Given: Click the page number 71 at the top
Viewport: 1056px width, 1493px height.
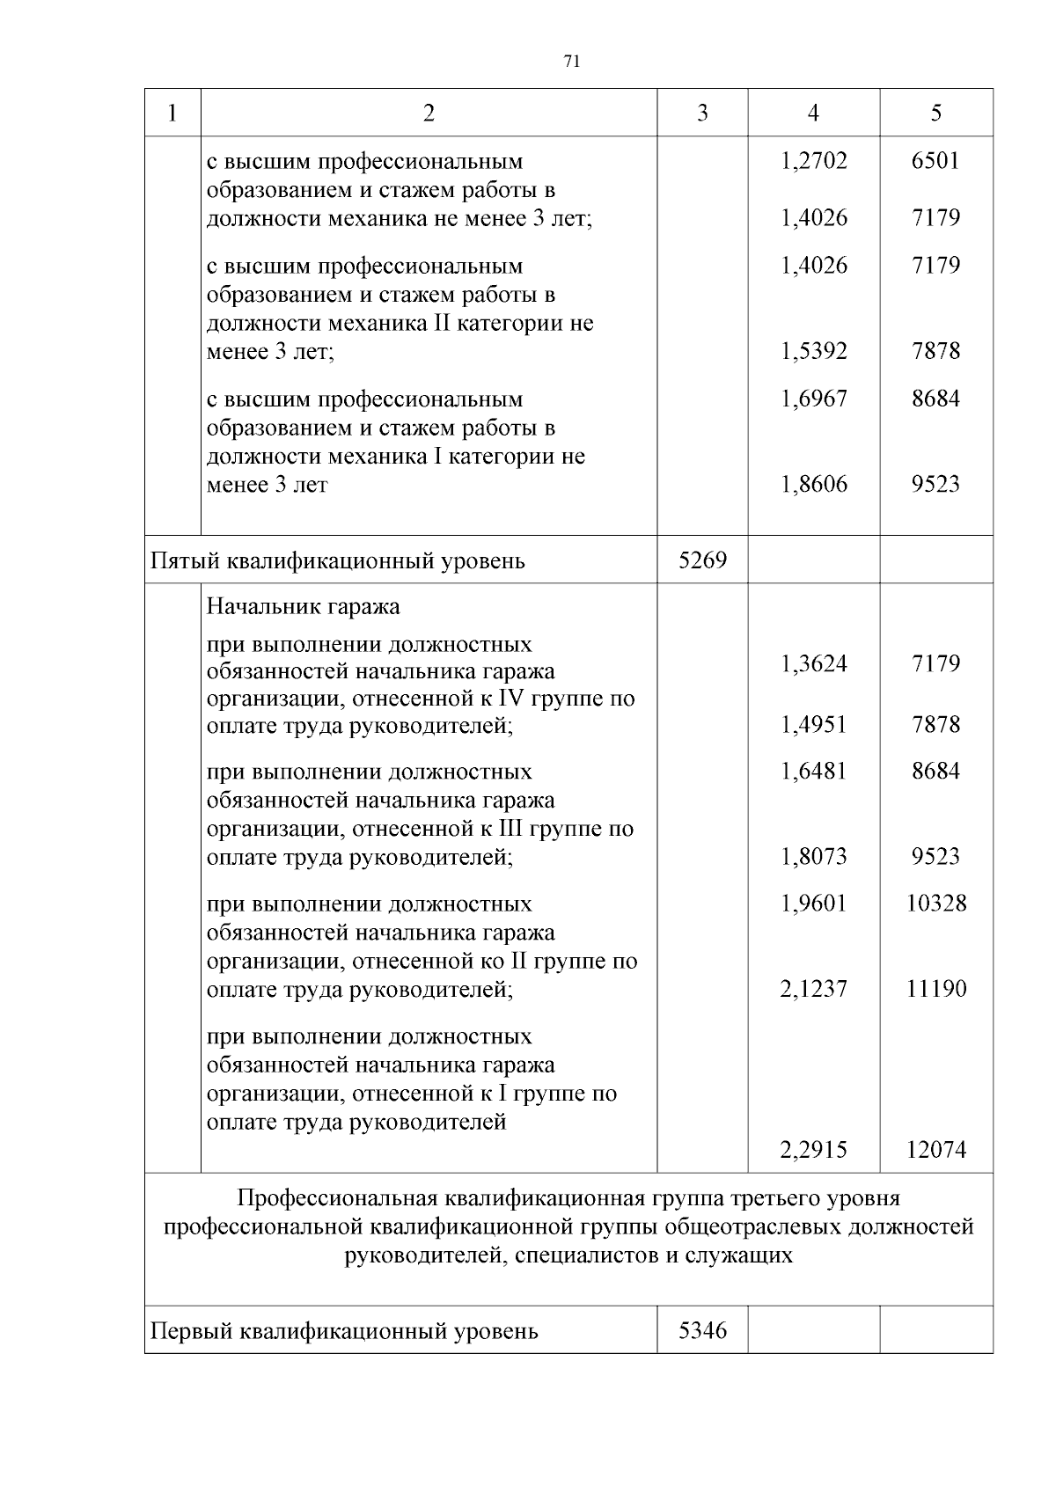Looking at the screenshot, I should pos(571,62).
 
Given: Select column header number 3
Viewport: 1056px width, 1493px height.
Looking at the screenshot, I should pos(701,113).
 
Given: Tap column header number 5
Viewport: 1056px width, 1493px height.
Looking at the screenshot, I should pos(935,113).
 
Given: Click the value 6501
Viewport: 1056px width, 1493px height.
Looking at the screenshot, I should pos(935,161).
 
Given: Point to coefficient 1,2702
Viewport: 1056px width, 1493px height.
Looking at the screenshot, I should pos(813,161).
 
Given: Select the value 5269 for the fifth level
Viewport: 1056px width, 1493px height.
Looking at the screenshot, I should pos(702,560).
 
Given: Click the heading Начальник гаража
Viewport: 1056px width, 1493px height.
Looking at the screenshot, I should pos(303,606).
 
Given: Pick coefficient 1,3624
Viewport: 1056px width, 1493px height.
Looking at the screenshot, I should pos(813,663).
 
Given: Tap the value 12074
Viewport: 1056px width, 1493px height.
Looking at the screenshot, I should pos(935,1150).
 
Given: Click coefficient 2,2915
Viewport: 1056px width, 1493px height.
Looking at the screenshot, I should pos(813,1150).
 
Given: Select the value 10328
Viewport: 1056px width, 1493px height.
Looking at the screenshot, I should pos(935,904).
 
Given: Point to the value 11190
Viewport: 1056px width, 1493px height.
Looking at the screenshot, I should pos(935,989).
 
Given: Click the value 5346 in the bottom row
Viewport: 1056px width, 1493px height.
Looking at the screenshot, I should pos(702,1330).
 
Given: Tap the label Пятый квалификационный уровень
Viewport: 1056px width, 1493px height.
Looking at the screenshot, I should pos(338,560).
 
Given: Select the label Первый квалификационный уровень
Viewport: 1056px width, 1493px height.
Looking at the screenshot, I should pos(344,1331).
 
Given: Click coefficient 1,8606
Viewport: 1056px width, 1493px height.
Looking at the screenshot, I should pos(813,485).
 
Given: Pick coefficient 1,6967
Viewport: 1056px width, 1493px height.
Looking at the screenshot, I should pos(813,399).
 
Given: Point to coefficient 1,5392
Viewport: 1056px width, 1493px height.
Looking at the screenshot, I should pos(813,352).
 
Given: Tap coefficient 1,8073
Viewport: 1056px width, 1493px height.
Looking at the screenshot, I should pos(813,857).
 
